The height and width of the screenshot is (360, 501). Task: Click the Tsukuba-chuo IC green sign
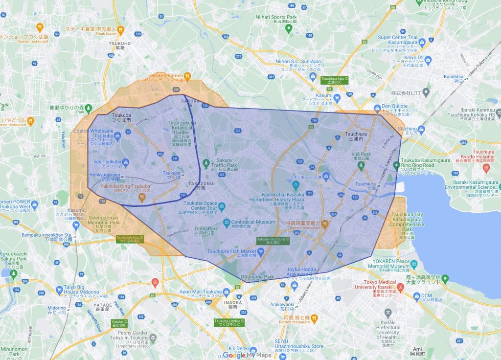click(x=130, y=239)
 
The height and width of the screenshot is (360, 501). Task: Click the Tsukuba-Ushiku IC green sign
click(x=229, y=323)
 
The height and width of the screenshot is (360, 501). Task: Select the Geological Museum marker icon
click(x=227, y=223)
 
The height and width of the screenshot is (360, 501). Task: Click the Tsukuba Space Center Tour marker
click(x=222, y=205)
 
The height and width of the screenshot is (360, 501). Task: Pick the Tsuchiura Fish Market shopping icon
click(x=261, y=252)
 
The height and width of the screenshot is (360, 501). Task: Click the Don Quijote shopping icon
click(x=377, y=108)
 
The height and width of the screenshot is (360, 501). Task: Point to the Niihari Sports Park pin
click(x=289, y=29)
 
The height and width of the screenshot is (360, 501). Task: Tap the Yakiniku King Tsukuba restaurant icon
click(x=141, y=198)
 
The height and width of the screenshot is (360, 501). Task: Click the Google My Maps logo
click(x=247, y=355)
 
